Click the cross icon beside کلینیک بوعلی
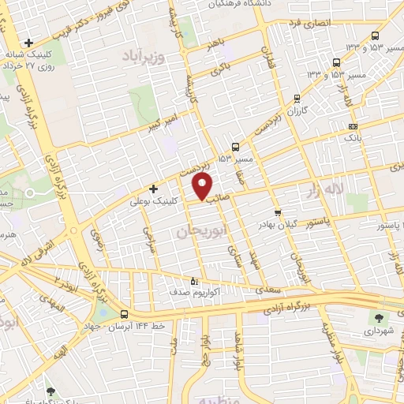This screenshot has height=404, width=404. tap(154, 189)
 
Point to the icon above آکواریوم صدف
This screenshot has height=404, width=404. tap(195, 280)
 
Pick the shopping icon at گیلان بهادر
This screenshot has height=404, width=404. tap(277, 212)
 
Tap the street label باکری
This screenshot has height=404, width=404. tap(221, 72)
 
